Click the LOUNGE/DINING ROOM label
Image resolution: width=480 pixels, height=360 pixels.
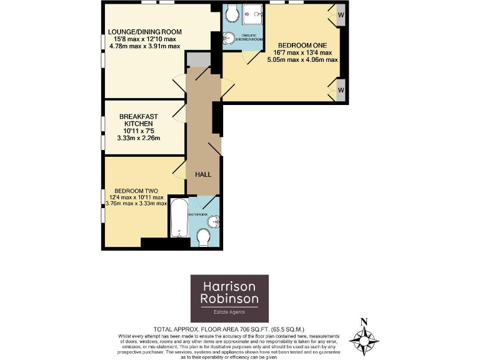point(144,32)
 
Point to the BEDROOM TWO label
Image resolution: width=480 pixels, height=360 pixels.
point(136,191)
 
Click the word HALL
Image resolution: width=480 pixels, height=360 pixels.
point(204,174)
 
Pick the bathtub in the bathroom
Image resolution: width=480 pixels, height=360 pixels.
point(179,219)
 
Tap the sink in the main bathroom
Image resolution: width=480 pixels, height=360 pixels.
point(214,220)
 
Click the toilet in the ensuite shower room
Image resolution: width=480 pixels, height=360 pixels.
point(231,12)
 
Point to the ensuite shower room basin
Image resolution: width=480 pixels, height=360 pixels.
point(228,38)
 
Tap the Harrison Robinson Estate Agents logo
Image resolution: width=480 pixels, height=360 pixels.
point(229,299)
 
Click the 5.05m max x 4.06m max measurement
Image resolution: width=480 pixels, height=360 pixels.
point(302,60)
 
